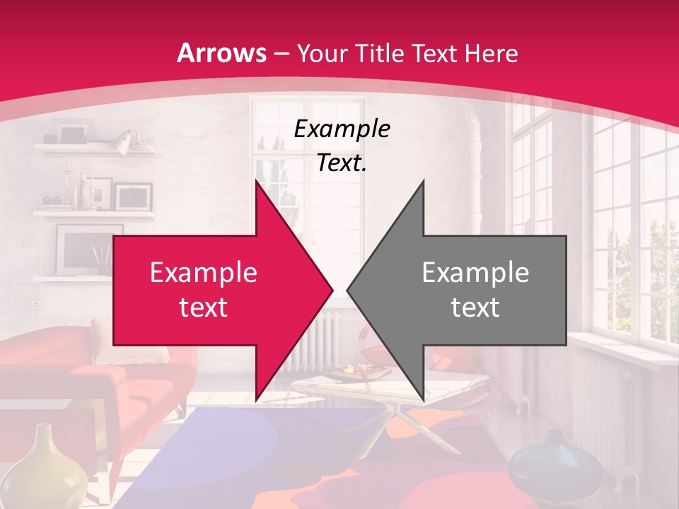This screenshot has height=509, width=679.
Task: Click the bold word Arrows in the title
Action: point(222,54)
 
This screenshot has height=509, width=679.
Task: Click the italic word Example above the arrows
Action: point(342,129)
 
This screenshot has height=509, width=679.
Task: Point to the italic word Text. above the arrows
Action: point(342,163)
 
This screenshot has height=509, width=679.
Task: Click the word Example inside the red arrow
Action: point(204,273)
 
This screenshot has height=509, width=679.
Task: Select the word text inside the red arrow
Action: point(204,308)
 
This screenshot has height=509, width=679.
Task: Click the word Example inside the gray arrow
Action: point(475,273)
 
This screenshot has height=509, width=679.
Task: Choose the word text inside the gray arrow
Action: point(475,308)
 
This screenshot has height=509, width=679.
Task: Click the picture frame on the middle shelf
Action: point(134,196)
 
